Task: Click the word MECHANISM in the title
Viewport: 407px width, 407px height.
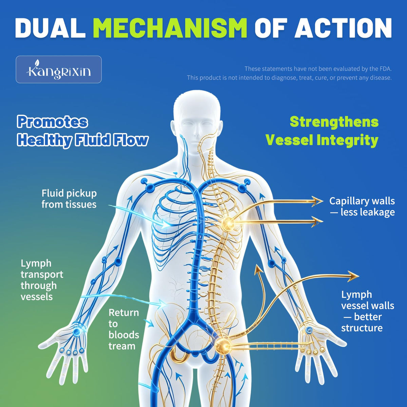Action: pos(170,28)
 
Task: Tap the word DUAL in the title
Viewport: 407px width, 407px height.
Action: pos(50,28)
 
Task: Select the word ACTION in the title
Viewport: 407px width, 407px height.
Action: pos(343,28)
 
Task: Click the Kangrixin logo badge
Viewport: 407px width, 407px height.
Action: pos(59,69)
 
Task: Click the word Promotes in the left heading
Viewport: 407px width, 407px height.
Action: pos(52,122)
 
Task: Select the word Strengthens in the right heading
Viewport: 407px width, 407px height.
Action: pos(334,122)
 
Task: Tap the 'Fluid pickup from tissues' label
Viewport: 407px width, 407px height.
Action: pos(69,199)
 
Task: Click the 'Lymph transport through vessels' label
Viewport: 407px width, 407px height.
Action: pos(42,280)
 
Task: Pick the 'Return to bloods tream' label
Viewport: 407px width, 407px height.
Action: pos(124,329)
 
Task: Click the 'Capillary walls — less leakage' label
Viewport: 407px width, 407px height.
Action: pos(362,206)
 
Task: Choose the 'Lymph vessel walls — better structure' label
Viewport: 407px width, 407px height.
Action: pos(368,311)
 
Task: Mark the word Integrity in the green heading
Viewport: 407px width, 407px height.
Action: pos(348,140)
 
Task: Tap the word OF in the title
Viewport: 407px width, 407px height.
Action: pos(271,28)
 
